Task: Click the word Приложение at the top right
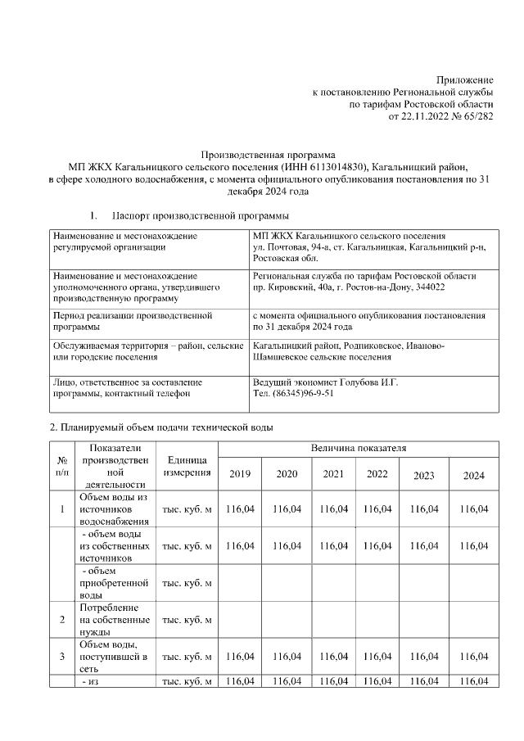tap(464, 79)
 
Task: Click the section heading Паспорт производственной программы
tap(200, 216)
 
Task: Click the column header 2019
tap(240, 475)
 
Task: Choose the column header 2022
tap(377, 474)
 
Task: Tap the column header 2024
tap(473, 475)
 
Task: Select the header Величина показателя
tap(358, 449)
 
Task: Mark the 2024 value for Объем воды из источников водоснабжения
tap(473, 509)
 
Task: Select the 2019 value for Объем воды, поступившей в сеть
tap(240, 657)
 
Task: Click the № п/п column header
tap(61, 467)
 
